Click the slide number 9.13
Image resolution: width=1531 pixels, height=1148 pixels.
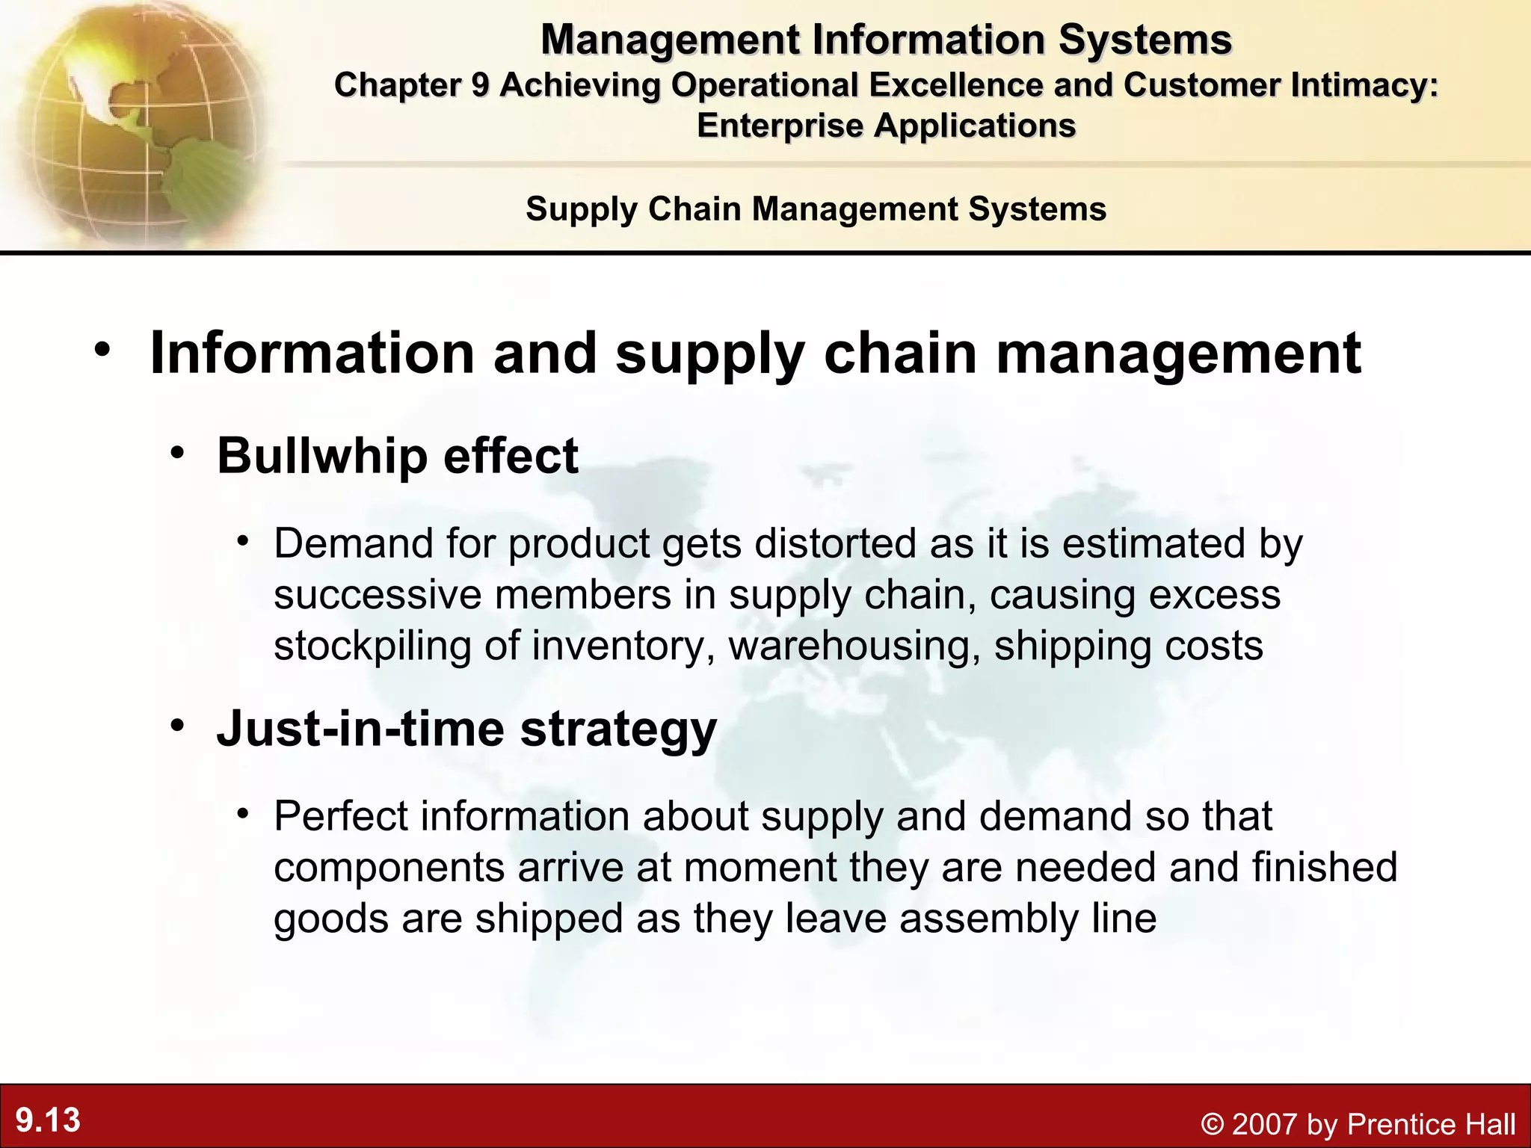(48, 1120)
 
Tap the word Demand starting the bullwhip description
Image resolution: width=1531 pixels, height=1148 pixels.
(353, 543)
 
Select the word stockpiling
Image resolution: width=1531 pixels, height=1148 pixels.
(372, 646)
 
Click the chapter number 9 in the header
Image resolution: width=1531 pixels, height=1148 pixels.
(479, 85)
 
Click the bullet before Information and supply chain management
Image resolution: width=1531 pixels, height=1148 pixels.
(103, 349)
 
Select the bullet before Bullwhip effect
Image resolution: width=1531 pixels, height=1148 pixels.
(177, 452)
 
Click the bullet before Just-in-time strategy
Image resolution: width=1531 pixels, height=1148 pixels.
(177, 725)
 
